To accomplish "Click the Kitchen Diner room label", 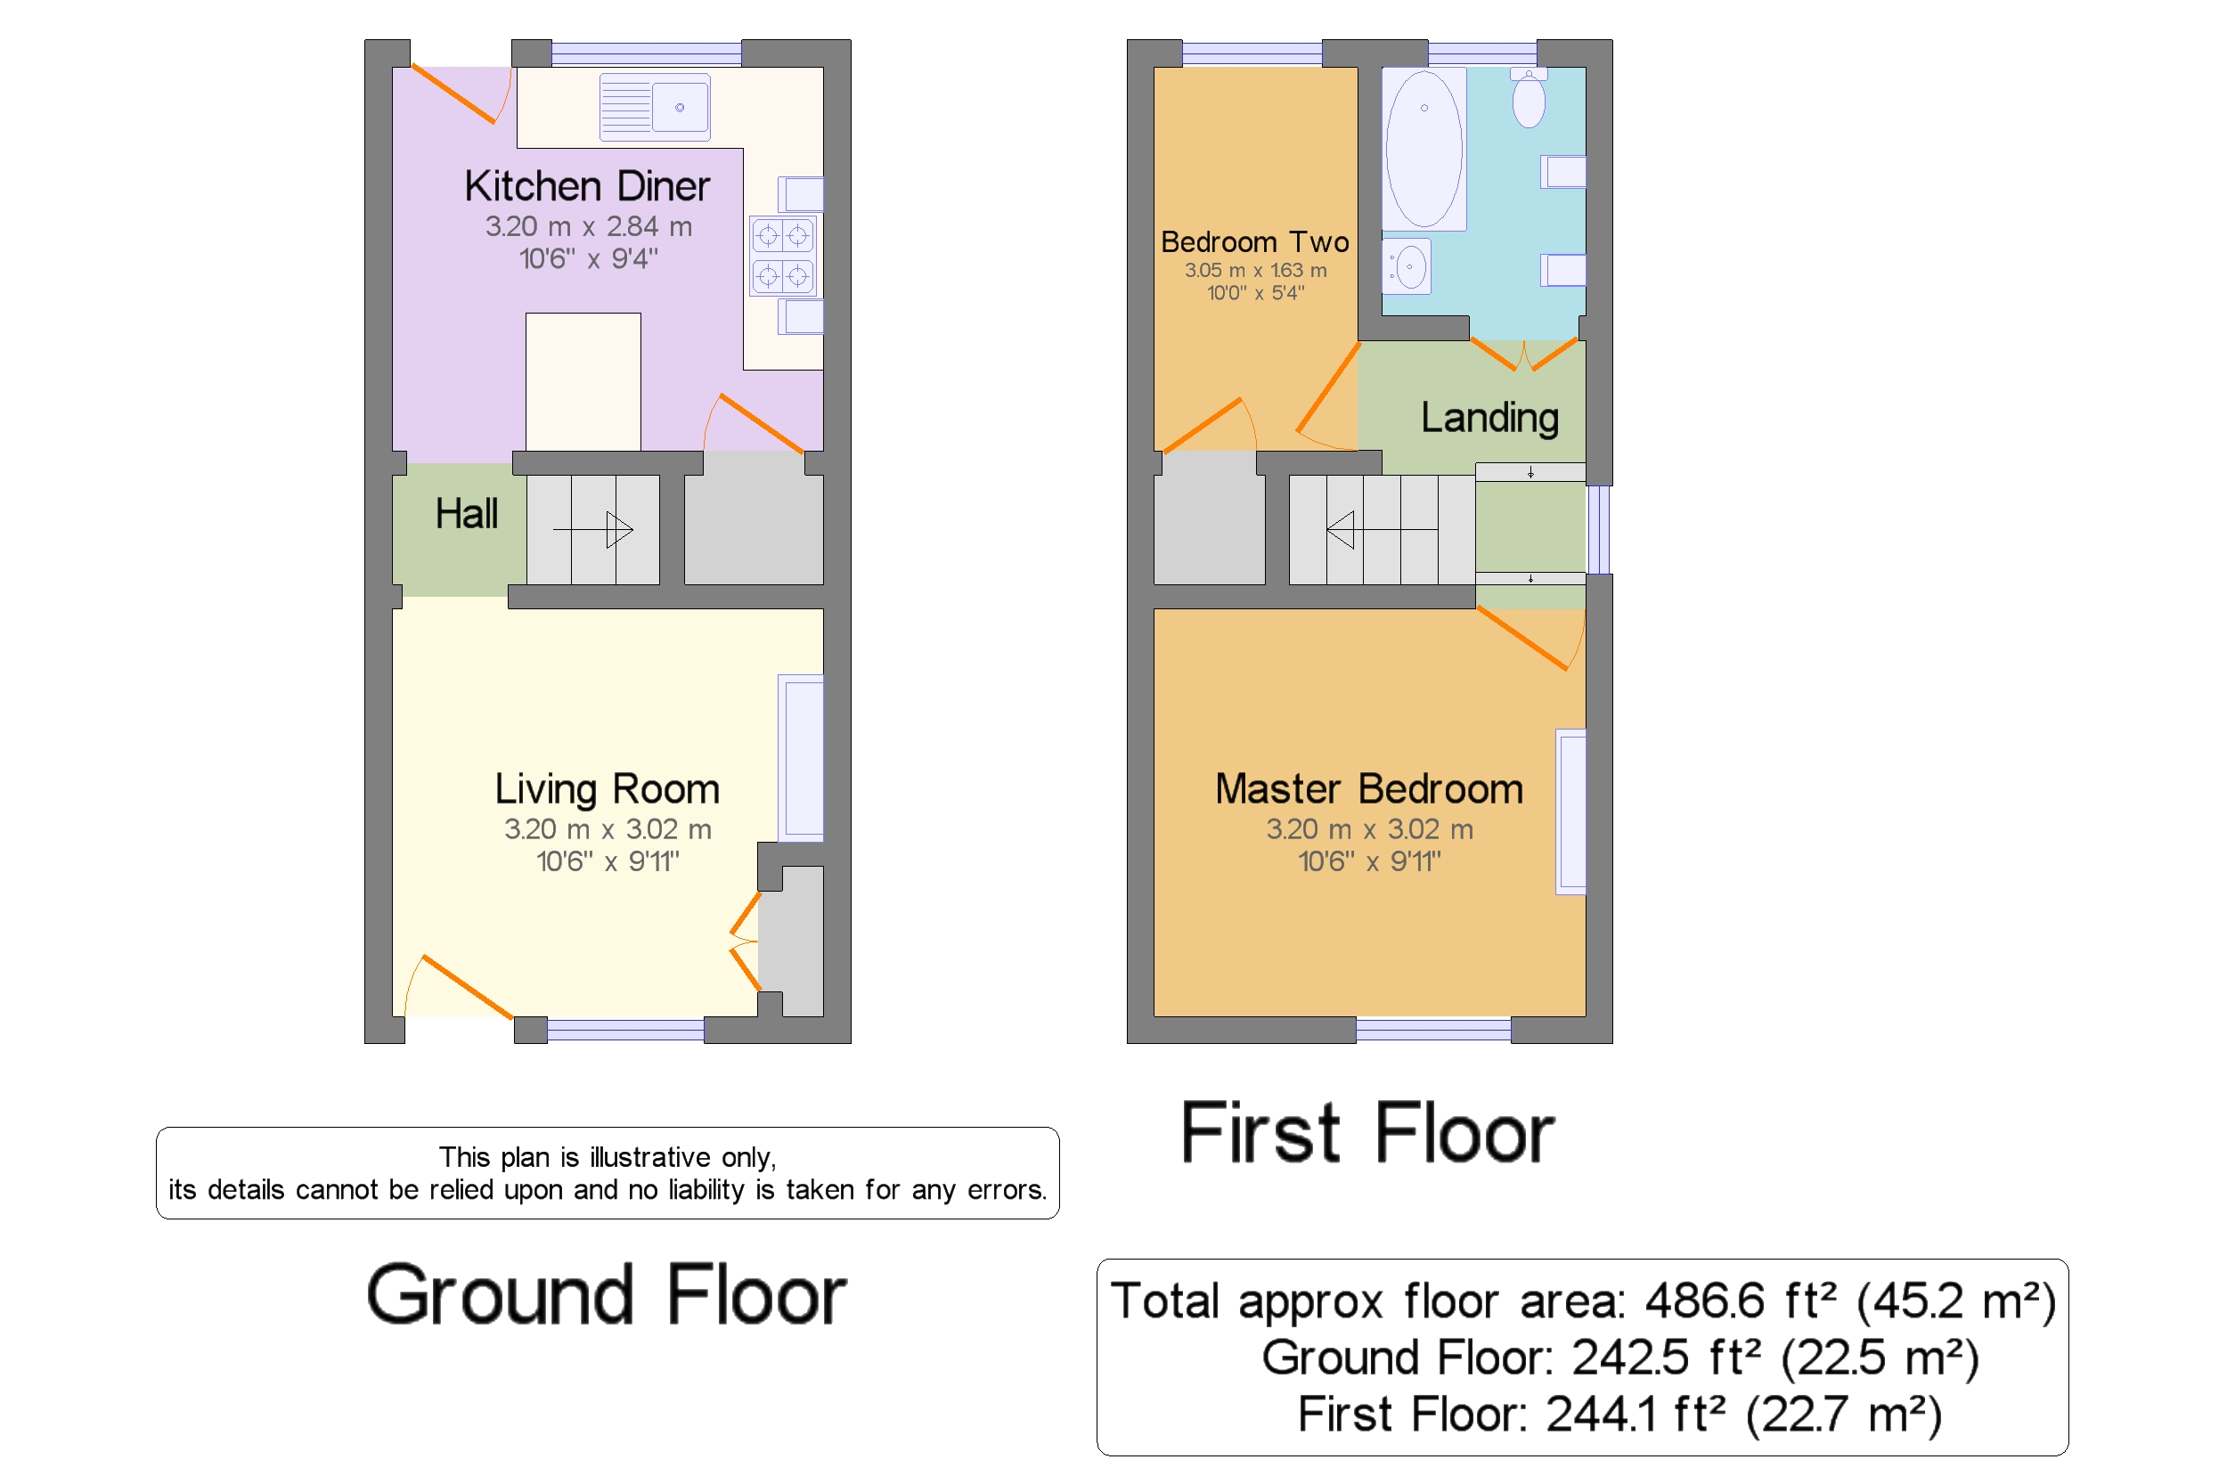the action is [586, 185].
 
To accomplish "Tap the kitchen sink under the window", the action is [654, 107].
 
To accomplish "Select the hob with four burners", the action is [782, 256].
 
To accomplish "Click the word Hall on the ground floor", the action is [466, 514].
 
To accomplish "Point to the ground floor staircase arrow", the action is [592, 529].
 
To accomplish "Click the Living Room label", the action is [607, 789].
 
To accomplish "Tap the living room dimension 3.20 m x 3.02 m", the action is [607, 829].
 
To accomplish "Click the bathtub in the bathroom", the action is [1423, 149].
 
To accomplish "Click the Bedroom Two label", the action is [1254, 242].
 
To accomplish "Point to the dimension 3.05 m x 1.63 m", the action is [1255, 271].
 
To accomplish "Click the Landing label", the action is [1489, 419].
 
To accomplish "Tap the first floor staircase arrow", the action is [1381, 530].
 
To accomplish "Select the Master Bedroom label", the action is [1368, 789].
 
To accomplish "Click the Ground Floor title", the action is [606, 1295].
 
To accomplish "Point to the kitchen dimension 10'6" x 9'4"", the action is [588, 258].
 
